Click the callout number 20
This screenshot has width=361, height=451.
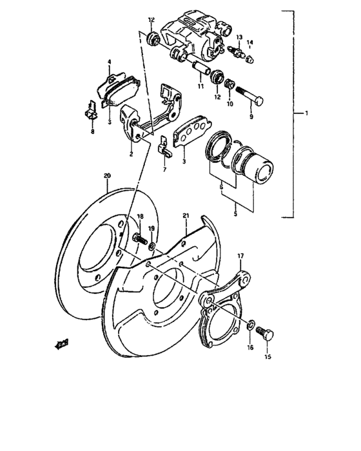(x=107, y=175)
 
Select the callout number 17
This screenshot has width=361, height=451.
(x=240, y=256)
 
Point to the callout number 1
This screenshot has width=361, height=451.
(x=307, y=113)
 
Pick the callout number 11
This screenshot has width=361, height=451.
(x=200, y=86)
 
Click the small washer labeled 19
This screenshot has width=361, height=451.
(x=151, y=246)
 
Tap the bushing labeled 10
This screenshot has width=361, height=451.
(x=229, y=82)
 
